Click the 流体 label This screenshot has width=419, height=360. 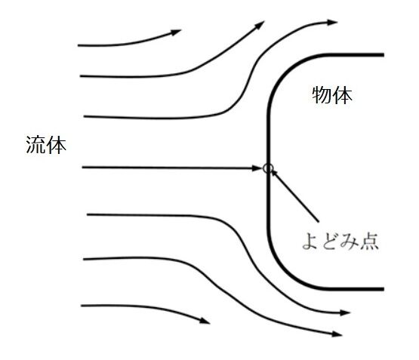46,145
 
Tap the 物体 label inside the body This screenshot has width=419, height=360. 332,95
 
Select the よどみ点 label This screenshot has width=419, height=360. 340,242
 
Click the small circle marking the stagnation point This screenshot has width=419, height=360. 268,168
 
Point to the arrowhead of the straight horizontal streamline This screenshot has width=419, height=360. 257,168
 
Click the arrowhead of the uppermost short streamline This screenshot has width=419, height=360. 177,32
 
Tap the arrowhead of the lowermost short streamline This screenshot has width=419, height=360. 205,321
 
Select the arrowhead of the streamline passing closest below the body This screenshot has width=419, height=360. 345,312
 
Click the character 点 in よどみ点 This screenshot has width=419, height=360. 370,242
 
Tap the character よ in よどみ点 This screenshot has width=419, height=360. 311,242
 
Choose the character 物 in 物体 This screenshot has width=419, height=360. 322,95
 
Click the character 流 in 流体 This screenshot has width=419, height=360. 35,145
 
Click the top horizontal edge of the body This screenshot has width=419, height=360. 355,55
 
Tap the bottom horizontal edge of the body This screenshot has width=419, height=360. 355,289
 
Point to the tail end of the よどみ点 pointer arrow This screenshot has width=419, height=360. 319,221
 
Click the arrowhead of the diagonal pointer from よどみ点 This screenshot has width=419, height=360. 273,173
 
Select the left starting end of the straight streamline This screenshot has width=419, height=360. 82,168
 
